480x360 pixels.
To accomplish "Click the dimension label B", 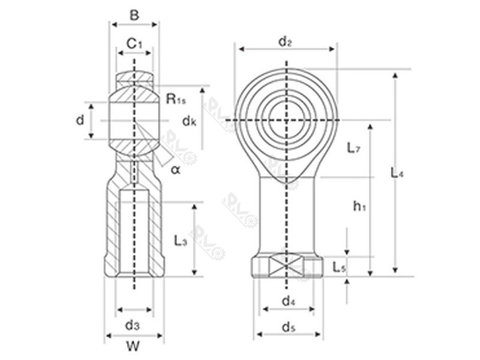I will click(134, 15).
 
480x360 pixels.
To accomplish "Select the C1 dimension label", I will click(134, 43).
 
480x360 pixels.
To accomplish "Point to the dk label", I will click(189, 121).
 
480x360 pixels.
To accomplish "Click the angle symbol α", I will click(175, 169).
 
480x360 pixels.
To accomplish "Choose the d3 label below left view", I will click(133, 325).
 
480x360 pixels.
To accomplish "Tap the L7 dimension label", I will click(353, 148).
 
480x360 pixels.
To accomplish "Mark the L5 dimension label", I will click(339, 268).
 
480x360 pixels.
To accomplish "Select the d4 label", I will click(288, 299).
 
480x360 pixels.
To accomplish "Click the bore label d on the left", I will click(80, 121).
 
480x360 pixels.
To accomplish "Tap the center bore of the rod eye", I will click(286, 120).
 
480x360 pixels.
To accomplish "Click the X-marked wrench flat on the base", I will click(287, 265).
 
